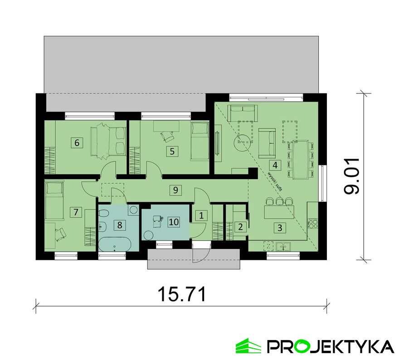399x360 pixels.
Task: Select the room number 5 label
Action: point(172,151)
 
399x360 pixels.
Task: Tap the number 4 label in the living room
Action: point(273,165)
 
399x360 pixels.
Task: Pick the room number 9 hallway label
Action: point(175,190)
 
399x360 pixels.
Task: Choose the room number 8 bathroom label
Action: point(120,224)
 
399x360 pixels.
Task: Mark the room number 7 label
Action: point(75,211)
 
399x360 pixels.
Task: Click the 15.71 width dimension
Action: point(182,294)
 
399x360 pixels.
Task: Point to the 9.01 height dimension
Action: point(351,176)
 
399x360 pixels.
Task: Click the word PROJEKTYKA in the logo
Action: point(330,346)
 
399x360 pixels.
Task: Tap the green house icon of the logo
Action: point(248,346)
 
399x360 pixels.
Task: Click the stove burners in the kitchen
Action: point(312,223)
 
